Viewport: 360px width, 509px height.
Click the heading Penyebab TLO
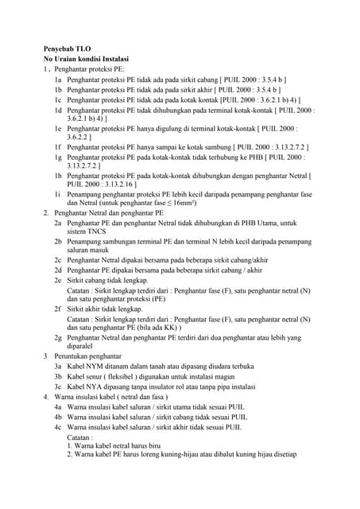[x=67, y=49]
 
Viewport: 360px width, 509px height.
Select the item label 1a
[x=58, y=80]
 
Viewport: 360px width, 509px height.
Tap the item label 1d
[x=58, y=111]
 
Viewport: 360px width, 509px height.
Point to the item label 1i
[x=58, y=193]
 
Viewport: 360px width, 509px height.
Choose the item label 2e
[x=58, y=281]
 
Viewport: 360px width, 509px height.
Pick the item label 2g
[x=58, y=338]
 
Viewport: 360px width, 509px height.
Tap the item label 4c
[x=58, y=427]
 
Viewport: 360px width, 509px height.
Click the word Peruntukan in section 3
[x=72, y=357]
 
